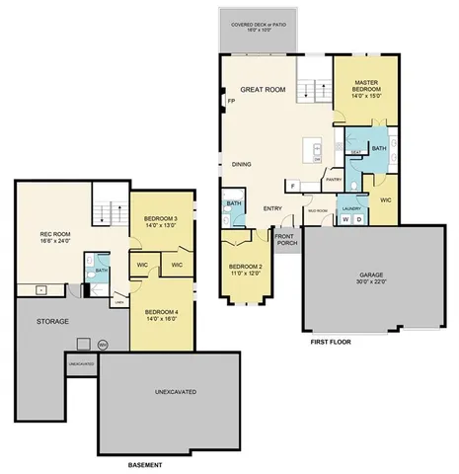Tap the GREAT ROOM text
(263, 90)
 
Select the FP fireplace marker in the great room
(231, 102)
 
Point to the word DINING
(242, 164)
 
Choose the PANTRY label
(334, 180)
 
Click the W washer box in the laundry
(345, 219)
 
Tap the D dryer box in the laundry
(358, 219)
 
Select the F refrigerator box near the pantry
(293, 185)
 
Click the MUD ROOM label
(318, 210)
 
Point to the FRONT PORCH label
(285, 239)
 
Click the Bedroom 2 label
(246, 270)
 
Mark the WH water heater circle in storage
(103, 344)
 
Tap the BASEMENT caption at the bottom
(145, 464)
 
